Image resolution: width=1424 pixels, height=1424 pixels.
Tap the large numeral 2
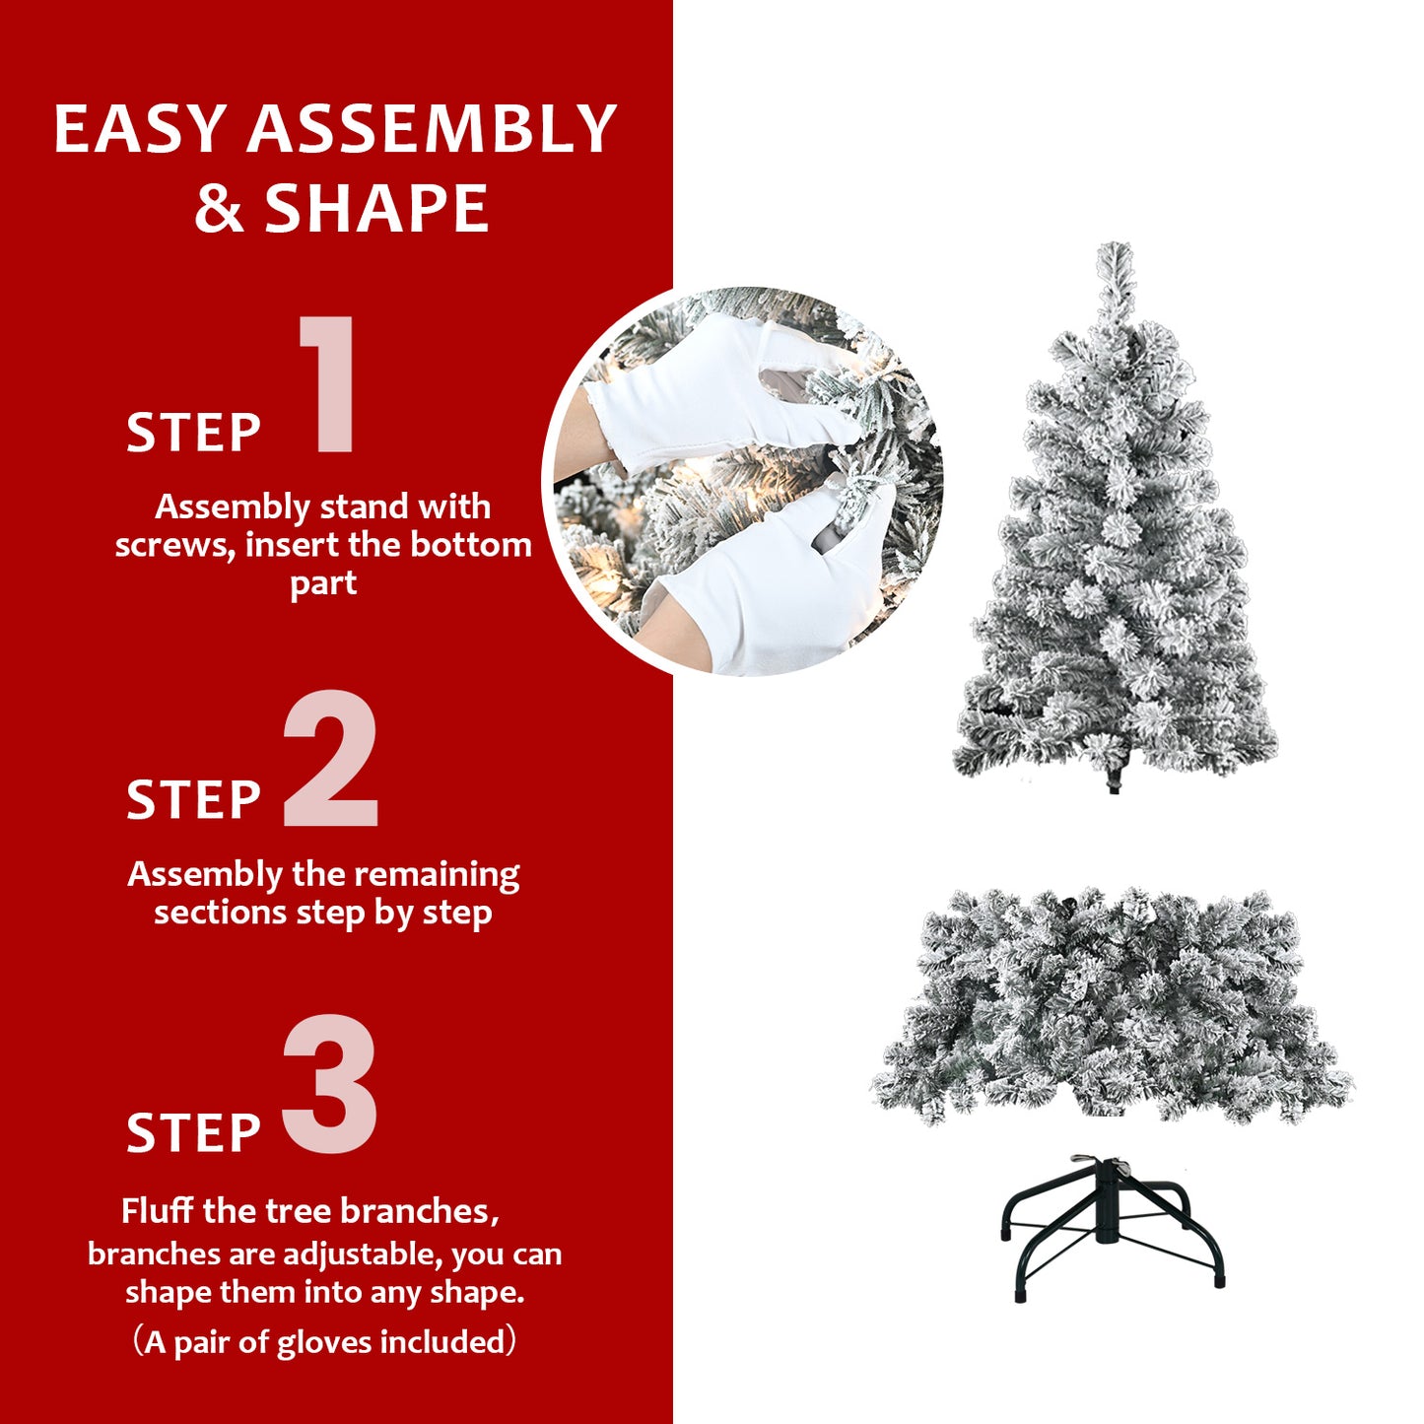pyautogui.click(x=330, y=759)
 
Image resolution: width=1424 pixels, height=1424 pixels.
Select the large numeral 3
pyautogui.click(x=330, y=1084)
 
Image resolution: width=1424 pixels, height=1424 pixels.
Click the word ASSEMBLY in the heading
pyautogui.click(x=432, y=129)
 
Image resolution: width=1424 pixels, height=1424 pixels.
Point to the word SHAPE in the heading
pyautogui.click(x=376, y=209)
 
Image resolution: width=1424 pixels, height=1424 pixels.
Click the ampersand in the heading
pyautogui.click(x=219, y=209)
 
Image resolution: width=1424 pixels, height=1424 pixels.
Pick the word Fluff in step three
pyautogui.click(x=158, y=1211)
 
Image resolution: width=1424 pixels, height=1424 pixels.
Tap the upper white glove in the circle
pyautogui.click(x=710, y=394)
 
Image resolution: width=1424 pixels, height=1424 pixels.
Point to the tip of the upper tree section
pyautogui.click(x=1115, y=252)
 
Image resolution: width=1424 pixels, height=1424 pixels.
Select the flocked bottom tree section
pyautogui.click(x=1114, y=1005)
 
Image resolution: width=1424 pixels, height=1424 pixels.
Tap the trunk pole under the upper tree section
pyautogui.click(x=1115, y=780)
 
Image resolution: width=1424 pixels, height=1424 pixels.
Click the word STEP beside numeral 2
pyautogui.click(x=193, y=799)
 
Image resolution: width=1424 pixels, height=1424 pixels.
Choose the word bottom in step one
pyautogui.click(x=471, y=545)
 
